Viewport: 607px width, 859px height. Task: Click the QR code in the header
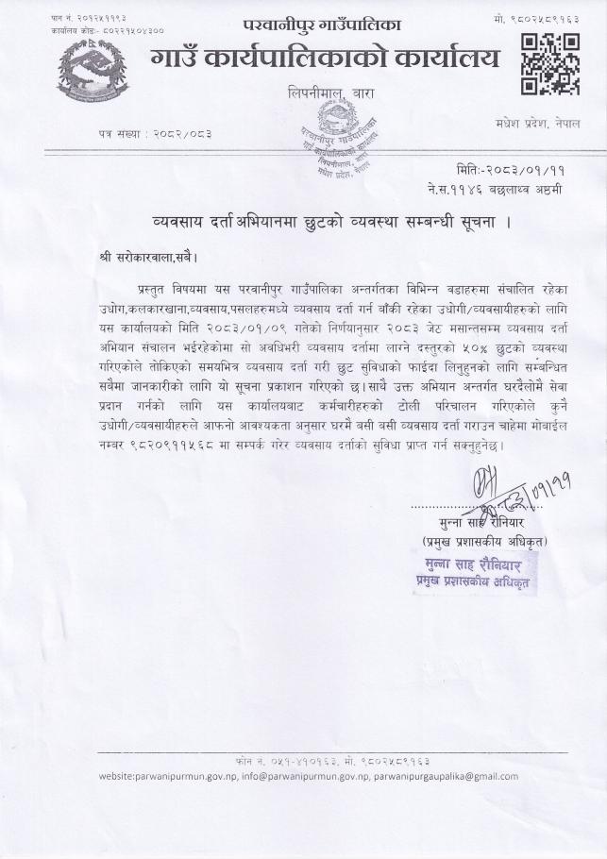tap(550, 64)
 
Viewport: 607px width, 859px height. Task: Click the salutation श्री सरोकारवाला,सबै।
tap(149, 257)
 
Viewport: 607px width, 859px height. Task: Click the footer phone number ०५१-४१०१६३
tap(268, 760)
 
